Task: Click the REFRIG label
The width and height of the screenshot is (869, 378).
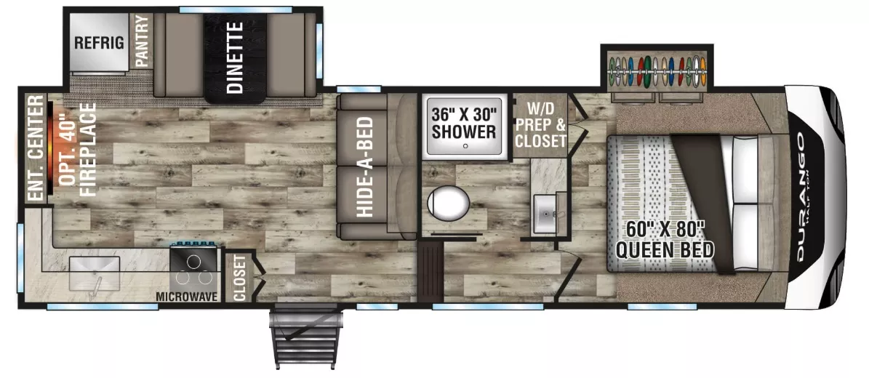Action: (x=100, y=43)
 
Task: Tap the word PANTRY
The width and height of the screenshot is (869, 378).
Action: (x=143, y=41)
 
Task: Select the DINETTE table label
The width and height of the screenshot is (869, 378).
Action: (x=235, y=57)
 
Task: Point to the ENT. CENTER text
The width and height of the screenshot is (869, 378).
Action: (x=36, y=148)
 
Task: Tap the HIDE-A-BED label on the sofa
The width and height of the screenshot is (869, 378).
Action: (x=364, y=166)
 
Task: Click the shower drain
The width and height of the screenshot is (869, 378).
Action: (x=465, y=146)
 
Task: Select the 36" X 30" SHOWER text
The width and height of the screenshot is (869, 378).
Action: (x=465, y=123)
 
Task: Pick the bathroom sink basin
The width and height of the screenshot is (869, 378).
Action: (x=546, y=214)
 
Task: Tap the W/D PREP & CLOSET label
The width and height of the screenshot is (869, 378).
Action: (x=540, y=125)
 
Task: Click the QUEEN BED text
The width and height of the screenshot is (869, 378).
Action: (x=665, y=251)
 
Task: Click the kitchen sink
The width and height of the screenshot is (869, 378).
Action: (x=95, y=274)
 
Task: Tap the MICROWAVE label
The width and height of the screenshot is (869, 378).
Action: (x=185, y=297)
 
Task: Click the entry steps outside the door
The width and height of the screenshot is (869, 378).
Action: (x=305, y=337)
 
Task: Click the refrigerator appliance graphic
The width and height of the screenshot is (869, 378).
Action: (x=99, y=43)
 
